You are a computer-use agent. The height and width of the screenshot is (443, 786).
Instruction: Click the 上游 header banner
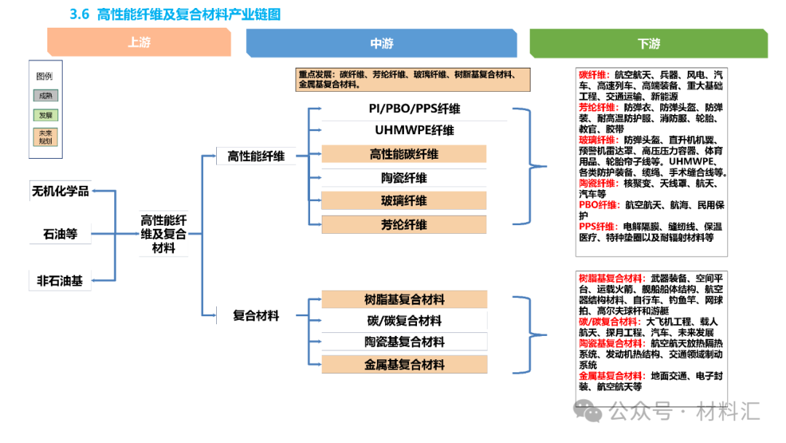(139, 43)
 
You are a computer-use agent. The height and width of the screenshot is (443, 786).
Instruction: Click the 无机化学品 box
(60, 191)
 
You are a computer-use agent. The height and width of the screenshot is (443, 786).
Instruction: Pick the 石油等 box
(60, 235)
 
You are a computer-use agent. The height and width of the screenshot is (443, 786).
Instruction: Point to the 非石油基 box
(60, 281)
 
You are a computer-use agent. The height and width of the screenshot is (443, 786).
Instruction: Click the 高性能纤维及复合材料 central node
(164, 234)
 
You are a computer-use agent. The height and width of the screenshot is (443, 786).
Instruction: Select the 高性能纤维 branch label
(256, 155)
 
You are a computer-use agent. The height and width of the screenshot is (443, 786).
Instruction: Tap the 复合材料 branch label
(256, 315)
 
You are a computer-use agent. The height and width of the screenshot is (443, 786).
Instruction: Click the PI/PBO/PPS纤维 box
(404, 109)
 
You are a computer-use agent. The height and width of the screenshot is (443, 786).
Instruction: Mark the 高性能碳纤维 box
(404, 154)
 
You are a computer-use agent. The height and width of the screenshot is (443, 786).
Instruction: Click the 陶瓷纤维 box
(404, 178)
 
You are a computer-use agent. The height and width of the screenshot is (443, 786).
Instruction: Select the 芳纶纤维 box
(404, 224)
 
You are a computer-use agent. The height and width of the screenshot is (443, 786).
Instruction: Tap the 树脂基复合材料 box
(404, 299)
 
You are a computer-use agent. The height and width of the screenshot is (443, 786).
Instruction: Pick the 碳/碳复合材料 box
(404, 321)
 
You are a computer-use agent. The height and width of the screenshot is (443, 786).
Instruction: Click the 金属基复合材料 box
(404, 365)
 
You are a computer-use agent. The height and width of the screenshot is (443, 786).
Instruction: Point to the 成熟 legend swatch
(46, 95)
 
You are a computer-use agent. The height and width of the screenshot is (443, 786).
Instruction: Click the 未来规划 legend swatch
(46, 137)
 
